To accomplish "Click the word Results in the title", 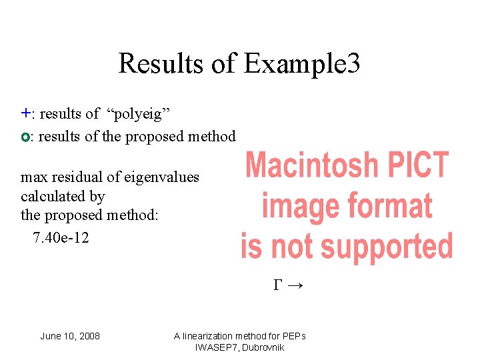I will click(x=159, y=64).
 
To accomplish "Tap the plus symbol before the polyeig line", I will click(x=25, y=113).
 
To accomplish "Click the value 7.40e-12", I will click(x=61, y=237).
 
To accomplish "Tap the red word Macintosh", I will click(x=312, y=165).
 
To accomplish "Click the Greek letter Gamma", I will click(x=278, y=286).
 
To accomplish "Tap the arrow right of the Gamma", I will click(x=297, y=286).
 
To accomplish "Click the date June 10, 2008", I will click(x=70, y=336).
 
